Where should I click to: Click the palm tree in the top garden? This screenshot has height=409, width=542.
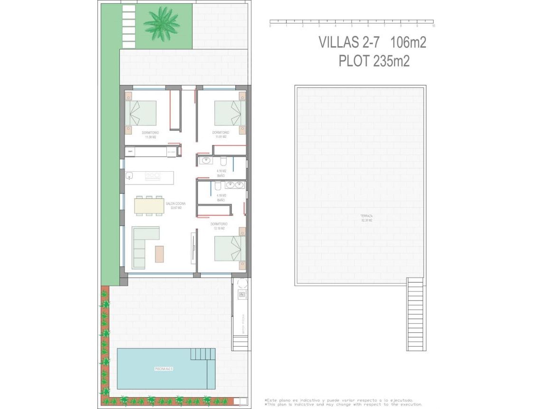(161, 23)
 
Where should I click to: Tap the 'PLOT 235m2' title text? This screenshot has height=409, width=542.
(374, 61)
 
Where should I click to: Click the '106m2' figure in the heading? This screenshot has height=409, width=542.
(408, 42)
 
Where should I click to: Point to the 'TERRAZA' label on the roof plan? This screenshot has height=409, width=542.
(366, 216)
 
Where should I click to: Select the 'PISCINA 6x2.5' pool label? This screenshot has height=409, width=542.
(163, 369)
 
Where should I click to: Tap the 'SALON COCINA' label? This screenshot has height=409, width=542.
(175, 203)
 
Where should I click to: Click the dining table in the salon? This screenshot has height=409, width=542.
(149, 205)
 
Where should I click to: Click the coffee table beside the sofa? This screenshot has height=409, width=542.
(159, 253)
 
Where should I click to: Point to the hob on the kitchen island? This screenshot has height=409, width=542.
(152, 176)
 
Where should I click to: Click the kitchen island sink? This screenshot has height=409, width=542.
(129, 176)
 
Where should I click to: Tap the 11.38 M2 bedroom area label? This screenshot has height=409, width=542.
(151, 137)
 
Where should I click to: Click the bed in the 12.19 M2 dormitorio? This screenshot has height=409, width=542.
(230, 249)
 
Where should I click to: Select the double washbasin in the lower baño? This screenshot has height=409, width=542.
(235, 185)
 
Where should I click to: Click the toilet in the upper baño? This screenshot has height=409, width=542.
(238, 160)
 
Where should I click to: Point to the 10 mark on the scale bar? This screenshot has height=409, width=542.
(434, 26)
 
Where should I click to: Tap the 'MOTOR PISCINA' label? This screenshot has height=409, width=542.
(242, 323)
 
